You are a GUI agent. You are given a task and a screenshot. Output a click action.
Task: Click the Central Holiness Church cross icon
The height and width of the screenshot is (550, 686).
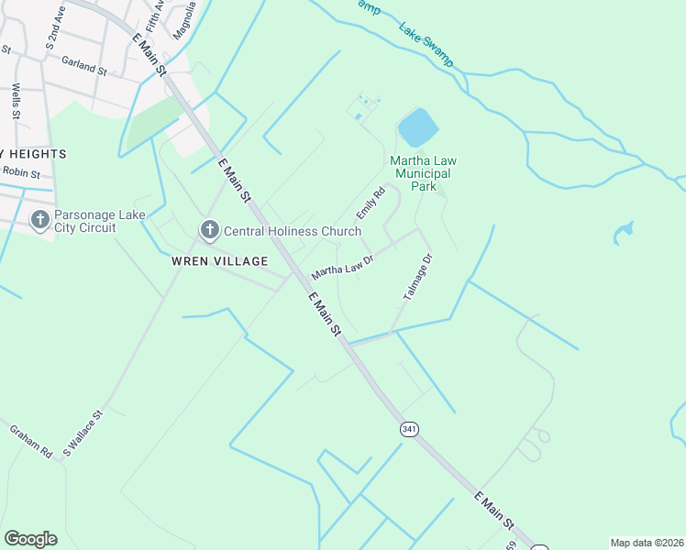click(x=209, y=231)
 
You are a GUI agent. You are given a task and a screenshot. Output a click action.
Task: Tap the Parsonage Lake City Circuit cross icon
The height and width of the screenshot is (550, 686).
click(x=39, y=220)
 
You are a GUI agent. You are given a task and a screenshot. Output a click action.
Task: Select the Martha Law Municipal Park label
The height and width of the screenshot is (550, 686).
click(x=424, y=172)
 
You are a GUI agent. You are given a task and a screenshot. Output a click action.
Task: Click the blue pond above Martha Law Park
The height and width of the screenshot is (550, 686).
click(x=416, y=128)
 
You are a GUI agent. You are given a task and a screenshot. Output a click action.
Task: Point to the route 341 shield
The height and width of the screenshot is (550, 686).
click(x=407, y=428)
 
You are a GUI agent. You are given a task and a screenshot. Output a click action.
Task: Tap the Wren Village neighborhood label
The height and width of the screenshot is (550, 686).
click(x=219, y=261)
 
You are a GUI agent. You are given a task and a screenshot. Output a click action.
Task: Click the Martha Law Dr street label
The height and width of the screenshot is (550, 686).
click(x=344, y=268)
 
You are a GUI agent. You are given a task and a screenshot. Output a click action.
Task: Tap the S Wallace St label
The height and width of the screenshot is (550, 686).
click(x=84, y=434)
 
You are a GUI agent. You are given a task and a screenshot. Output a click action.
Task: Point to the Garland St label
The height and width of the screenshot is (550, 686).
click(x=84, y=66)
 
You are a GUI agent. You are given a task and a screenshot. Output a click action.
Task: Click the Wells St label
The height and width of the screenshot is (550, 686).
click(x=17, y=101)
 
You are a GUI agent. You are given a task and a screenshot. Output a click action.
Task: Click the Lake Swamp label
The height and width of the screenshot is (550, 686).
click(x=426, y=43)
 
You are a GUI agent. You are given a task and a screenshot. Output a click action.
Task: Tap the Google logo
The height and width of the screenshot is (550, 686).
click(x=30, y=539)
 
